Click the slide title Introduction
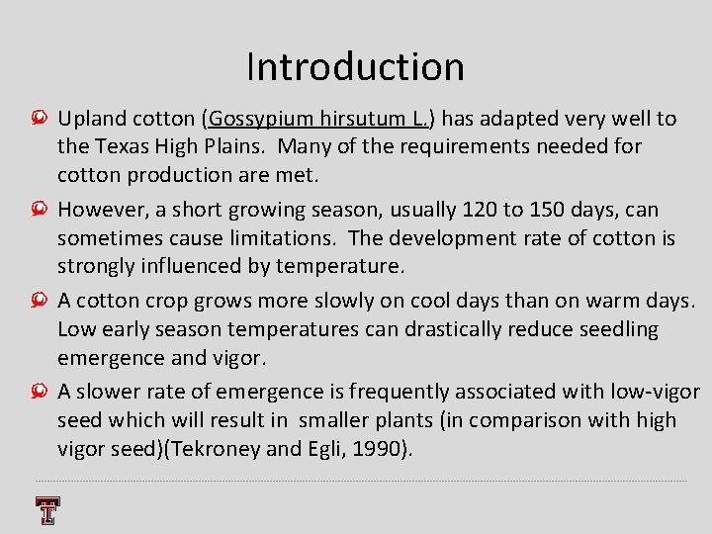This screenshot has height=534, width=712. (355, 67)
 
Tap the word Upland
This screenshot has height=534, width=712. (91, 120)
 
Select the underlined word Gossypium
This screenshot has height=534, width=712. (259, 120)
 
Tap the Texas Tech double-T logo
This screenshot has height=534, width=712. (46, 509)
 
